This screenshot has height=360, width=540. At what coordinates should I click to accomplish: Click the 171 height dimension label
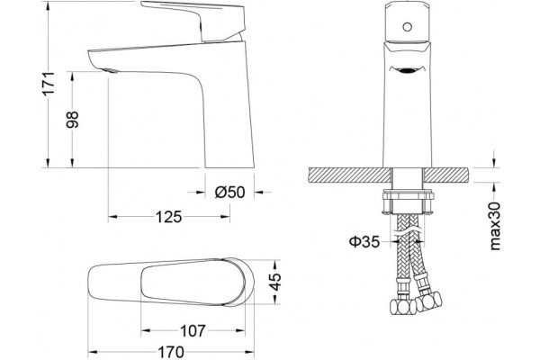pos(49,83)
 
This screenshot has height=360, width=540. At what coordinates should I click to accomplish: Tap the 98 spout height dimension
pos(72,120)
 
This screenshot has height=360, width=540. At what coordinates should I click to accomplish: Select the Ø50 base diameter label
pos(230,193)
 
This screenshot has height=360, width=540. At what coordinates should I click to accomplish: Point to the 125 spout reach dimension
pos(169,217)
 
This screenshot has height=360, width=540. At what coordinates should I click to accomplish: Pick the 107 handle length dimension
pos(193,330)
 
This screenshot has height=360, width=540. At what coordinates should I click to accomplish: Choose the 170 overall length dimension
pos(171,352)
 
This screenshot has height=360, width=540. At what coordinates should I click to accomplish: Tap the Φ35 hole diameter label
pos(364,241)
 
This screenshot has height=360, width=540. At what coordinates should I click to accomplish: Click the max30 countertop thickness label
pos(494,226)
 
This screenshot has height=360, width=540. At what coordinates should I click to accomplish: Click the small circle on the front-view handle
pos(408,27)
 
